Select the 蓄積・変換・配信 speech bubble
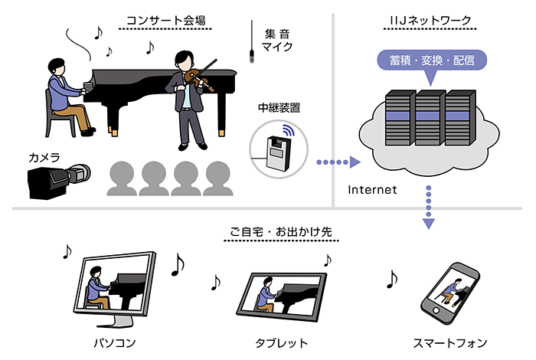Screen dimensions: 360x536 (432, 60)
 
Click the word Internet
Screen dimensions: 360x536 (372, 189)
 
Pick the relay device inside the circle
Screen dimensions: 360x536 (278, 152)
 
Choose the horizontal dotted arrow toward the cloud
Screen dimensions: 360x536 (337, 162)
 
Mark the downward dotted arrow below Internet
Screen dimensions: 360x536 (428, 211)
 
